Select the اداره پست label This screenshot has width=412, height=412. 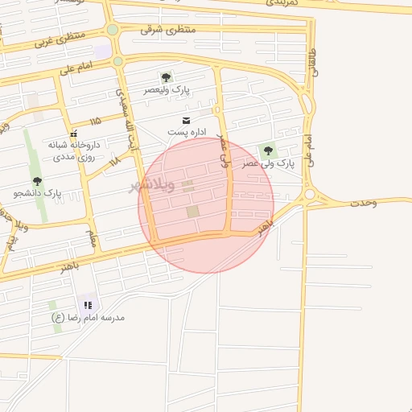[187, 131]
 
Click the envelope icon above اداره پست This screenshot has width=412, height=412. [175, 119]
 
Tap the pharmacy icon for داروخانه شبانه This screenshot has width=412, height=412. [74, 134]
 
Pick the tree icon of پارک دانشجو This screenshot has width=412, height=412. [37, 181]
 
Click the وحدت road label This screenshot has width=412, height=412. [363, 202]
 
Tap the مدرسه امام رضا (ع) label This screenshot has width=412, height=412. [89, 318]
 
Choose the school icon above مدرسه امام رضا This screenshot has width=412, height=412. [89, 305]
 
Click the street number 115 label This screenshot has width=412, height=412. [96, 121]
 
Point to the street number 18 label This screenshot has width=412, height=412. [113, 161]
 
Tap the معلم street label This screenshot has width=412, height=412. [92, 238]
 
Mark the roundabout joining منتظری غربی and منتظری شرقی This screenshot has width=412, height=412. [112, 30]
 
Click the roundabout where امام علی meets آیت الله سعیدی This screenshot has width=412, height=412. [117, 61]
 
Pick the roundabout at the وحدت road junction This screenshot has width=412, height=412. [309, 195]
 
